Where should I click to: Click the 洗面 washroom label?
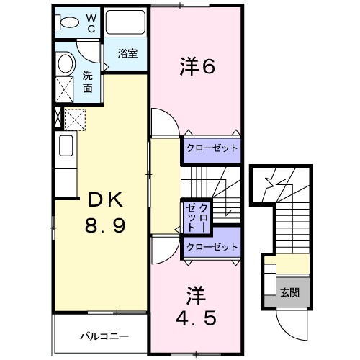[x=87, y=81]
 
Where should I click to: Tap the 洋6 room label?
[x=197, y=66]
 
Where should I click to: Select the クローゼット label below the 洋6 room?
[x=211, y=148]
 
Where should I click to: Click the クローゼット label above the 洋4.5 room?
[x=211, y=247]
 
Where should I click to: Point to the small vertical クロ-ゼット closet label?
[x=195, y=215]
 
